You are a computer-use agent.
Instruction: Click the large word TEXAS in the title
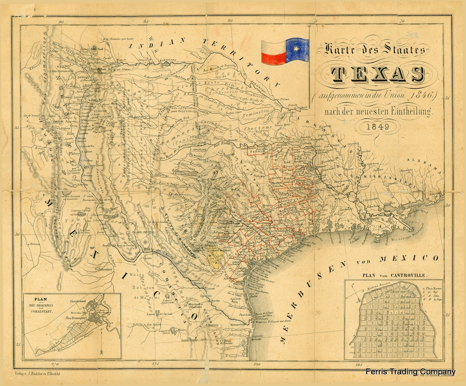[377, 74]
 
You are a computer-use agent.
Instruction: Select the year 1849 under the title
[376, 127]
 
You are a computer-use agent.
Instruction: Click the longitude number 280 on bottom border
[256, 363]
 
